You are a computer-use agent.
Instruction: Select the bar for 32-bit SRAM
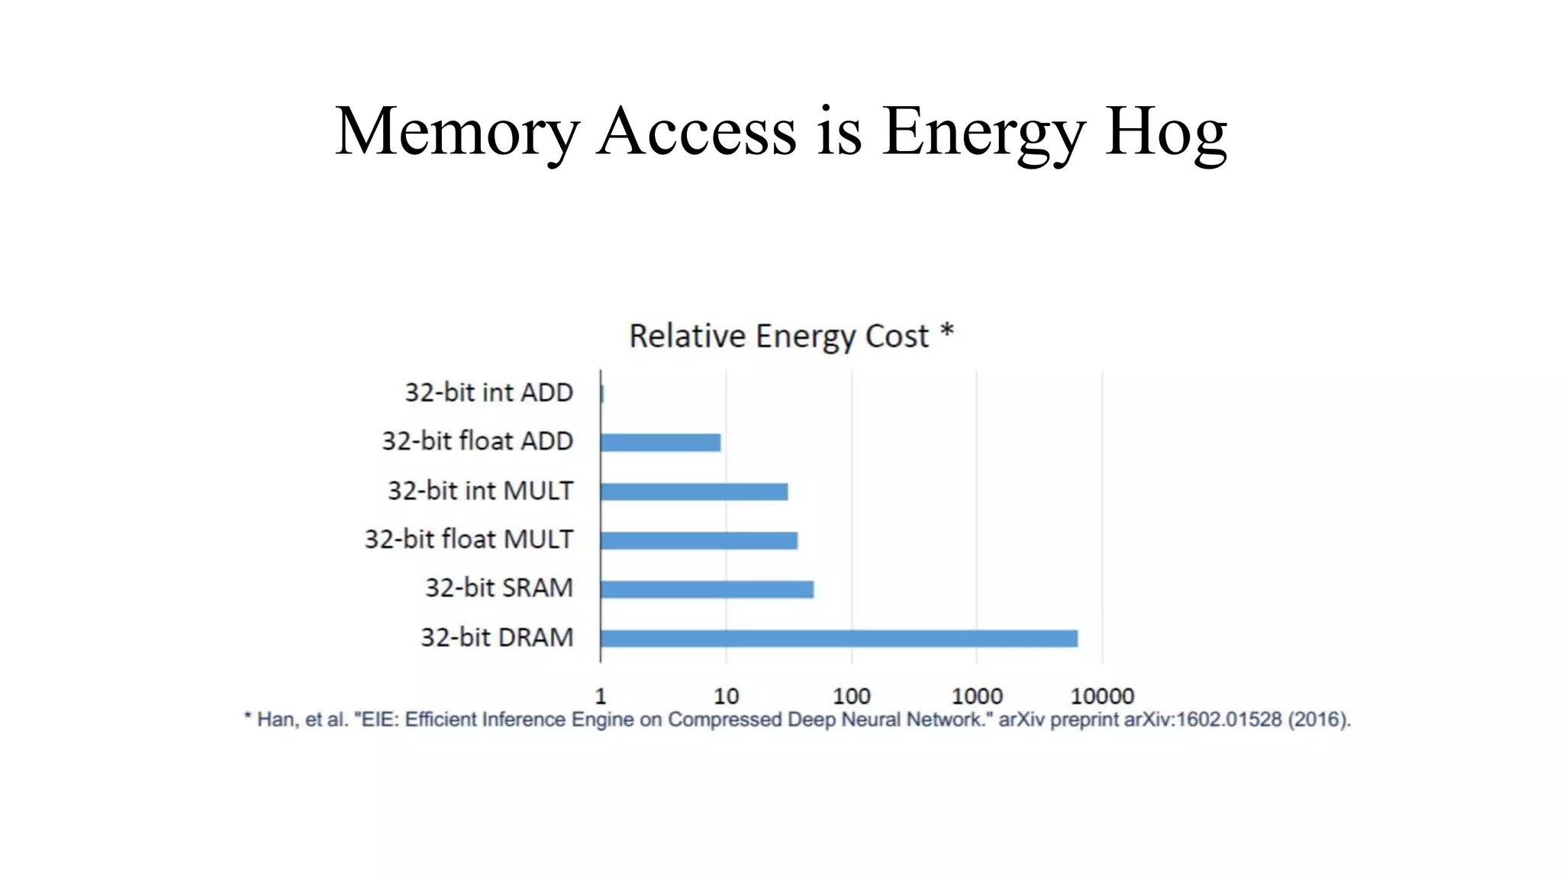(707, 589)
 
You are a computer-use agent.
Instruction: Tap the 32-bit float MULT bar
(698, 540)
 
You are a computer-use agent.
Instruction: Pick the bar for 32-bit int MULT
(694, 491)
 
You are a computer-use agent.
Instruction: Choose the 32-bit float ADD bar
(660, 443)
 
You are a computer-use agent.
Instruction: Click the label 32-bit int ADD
(488, 392)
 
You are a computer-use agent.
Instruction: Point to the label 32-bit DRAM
(497, 637)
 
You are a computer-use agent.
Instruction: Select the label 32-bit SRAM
(499, 588)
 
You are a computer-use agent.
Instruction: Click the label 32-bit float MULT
(469, 539)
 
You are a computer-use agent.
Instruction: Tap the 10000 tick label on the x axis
(1102, 696)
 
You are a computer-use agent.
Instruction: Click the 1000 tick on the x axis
(977, 696)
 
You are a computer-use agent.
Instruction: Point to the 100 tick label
(851, 696)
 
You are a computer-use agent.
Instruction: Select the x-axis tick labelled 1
(601, 696)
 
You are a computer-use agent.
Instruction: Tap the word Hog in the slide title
(1166, 131)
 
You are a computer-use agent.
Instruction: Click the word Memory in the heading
(457, 131)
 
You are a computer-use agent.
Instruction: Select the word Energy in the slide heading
(983, 131)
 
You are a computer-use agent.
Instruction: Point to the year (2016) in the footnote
(1320, 720)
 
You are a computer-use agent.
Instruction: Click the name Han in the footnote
(273, 720)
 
